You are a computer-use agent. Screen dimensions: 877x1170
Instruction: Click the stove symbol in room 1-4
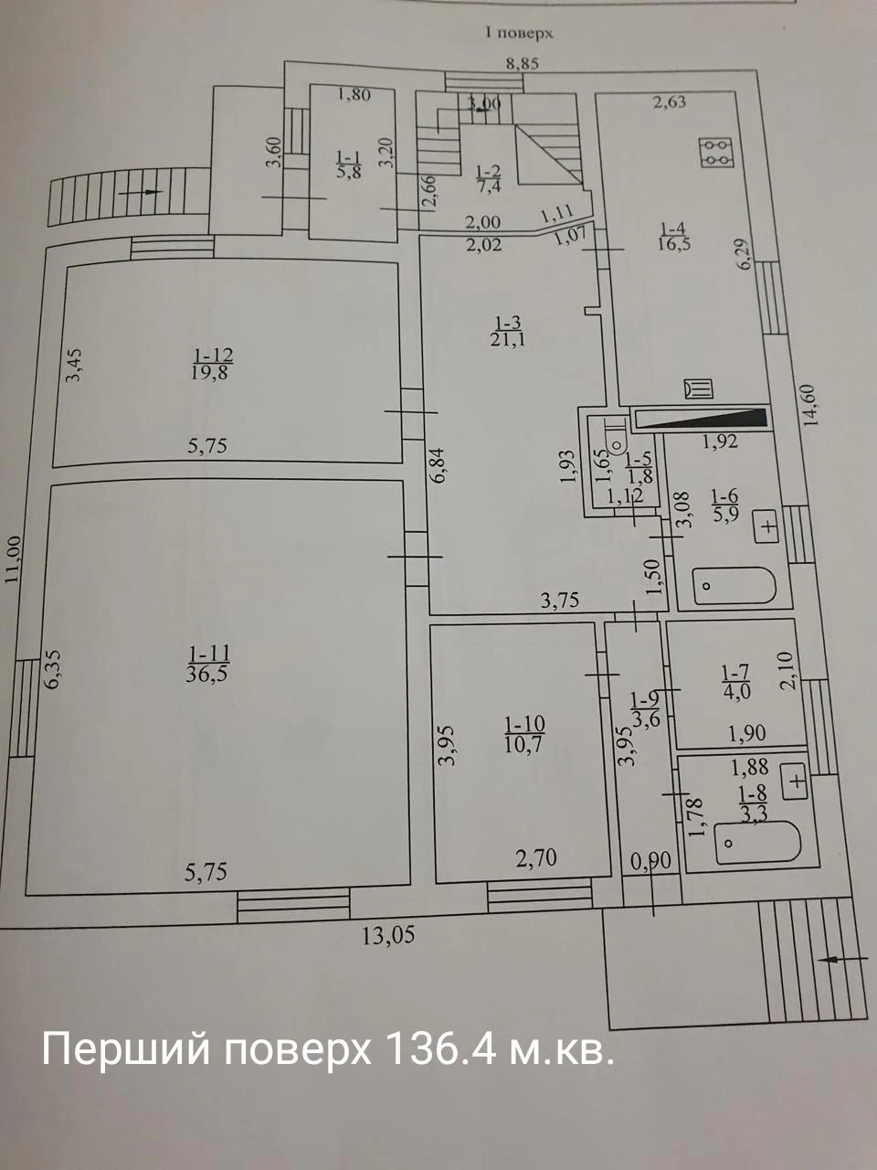(x=717, y=153)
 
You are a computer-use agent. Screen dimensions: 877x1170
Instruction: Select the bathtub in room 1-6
(x=734, y=585)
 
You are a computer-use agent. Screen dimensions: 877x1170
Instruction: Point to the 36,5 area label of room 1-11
(x=207, y=675)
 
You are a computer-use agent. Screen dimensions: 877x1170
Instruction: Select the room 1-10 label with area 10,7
(x=524, y=734)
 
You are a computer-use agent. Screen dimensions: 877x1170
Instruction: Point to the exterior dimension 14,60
(x=811, y=405)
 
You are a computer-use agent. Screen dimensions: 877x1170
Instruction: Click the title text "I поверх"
(x=518, y=33)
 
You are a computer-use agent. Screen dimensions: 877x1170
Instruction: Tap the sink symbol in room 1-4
(x=699, y=388)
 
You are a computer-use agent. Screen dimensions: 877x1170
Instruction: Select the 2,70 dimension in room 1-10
(x=537, y=856)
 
